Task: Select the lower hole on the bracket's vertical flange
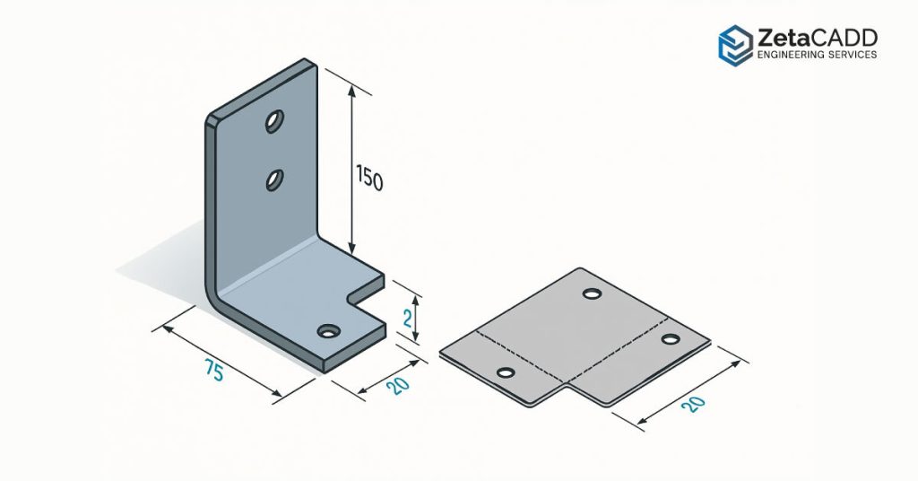click(x=274, y=181)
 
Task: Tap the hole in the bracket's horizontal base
click(x=328, y=332)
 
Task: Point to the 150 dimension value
click(x=369, y=179)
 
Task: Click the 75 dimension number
click(x=213, y=370)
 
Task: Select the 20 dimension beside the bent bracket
click(x=399, y=386)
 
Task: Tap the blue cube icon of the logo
click(x=735, y=44)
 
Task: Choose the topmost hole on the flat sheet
click(x=591, y=293)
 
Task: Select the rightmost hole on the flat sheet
click(x=670, y=338)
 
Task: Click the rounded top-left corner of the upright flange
click(x=212, y=121)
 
